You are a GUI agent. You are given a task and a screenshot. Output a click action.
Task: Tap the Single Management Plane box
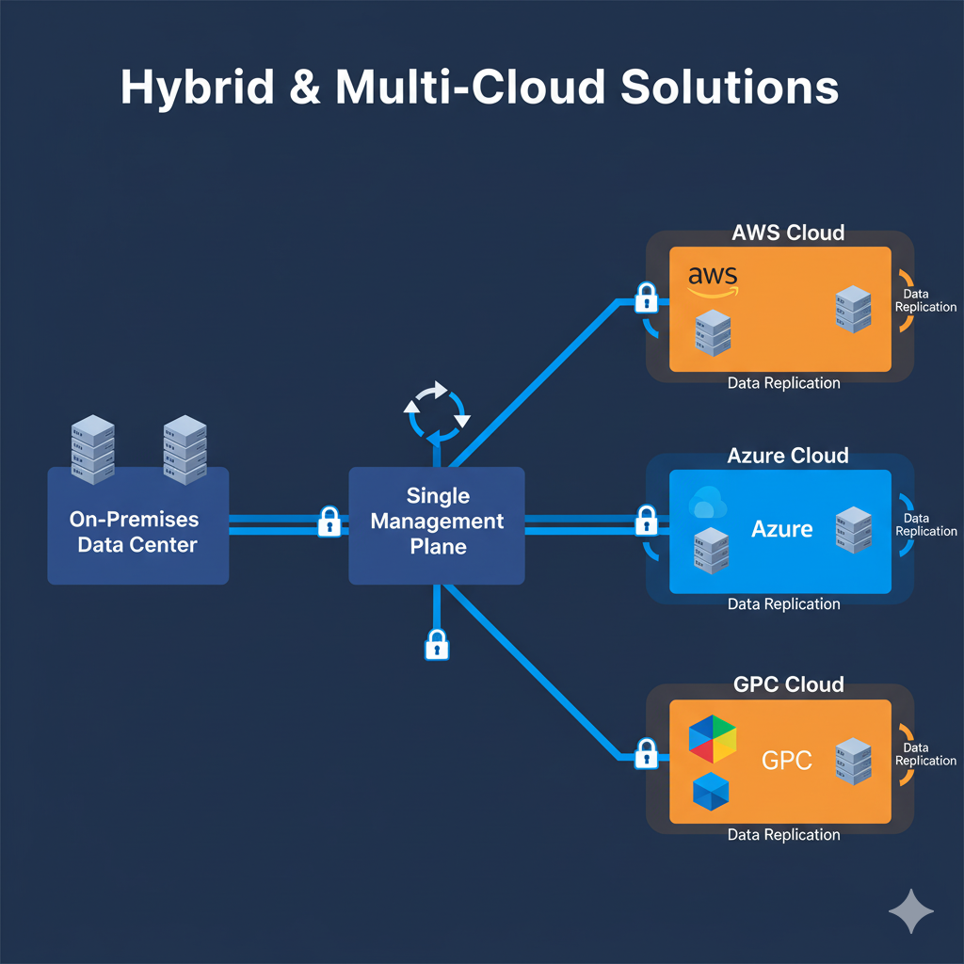(x=437, y=524)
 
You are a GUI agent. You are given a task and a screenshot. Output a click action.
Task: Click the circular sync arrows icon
(x=435, y=410)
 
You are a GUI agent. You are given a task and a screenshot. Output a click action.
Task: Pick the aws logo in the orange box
(x=713, y=279)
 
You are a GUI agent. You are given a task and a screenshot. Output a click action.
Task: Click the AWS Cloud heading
(x=788, y=233)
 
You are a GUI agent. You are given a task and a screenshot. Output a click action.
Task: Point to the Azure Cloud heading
(x=788, y=457)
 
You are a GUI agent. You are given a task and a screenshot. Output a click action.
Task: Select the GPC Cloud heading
(x=788, y=684)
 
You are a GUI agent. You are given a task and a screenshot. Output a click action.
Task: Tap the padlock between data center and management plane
(x=329, y=522)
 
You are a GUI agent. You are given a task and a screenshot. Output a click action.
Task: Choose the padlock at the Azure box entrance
(x=646, y=520)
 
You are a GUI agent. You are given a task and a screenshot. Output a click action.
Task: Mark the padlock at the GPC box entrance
(x=646, y=753)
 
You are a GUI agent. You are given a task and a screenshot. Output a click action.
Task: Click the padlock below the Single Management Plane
(x=436, y=645)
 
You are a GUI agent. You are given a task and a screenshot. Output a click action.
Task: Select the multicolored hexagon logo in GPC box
(x=713, y=739)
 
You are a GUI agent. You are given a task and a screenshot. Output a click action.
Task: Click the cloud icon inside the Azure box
(x=707, y=505)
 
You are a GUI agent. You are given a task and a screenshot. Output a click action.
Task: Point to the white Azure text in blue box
(x=781, y=529)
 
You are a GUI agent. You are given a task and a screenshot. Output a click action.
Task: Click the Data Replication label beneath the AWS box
(x=783, y=383)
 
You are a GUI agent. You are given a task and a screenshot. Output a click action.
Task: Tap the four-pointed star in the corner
(x=911, y=910)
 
